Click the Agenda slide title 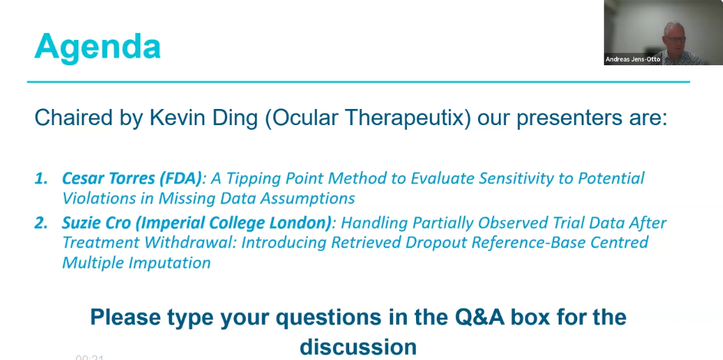[x=97, y=48]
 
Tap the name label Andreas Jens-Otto [x=632, y=59]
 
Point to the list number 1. [x=41, y=178]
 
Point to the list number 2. [x=41, y=223]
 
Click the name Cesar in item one [x=81, y=178]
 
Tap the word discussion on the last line [x=358, y=346]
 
